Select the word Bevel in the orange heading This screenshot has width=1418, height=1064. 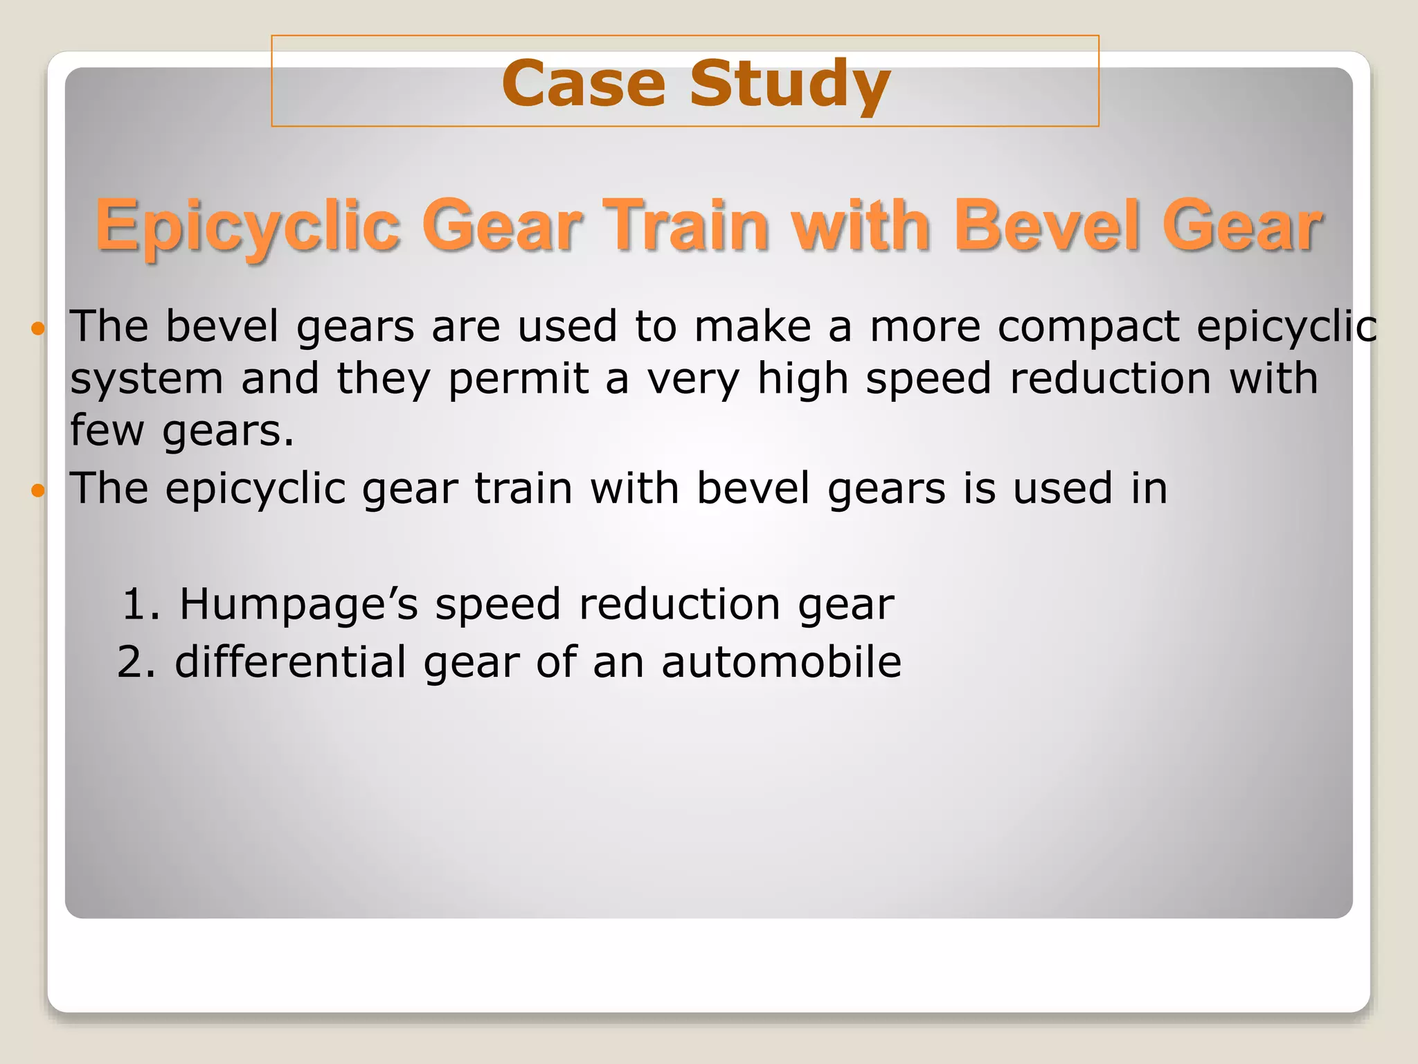click(x=1045, y=226)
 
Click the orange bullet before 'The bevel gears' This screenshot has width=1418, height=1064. click(x=38, y=328)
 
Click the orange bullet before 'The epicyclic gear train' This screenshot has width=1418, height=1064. click(x=38, y=491)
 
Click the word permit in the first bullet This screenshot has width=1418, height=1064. click(x=519, y=380)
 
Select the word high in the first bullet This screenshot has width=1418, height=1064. click(x=802, y=380)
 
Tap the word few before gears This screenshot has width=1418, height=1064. click(x=107, y=430)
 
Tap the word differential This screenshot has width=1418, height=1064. click(x=290, y=662)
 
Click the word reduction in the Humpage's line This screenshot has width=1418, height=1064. click(x=679, y=604)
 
